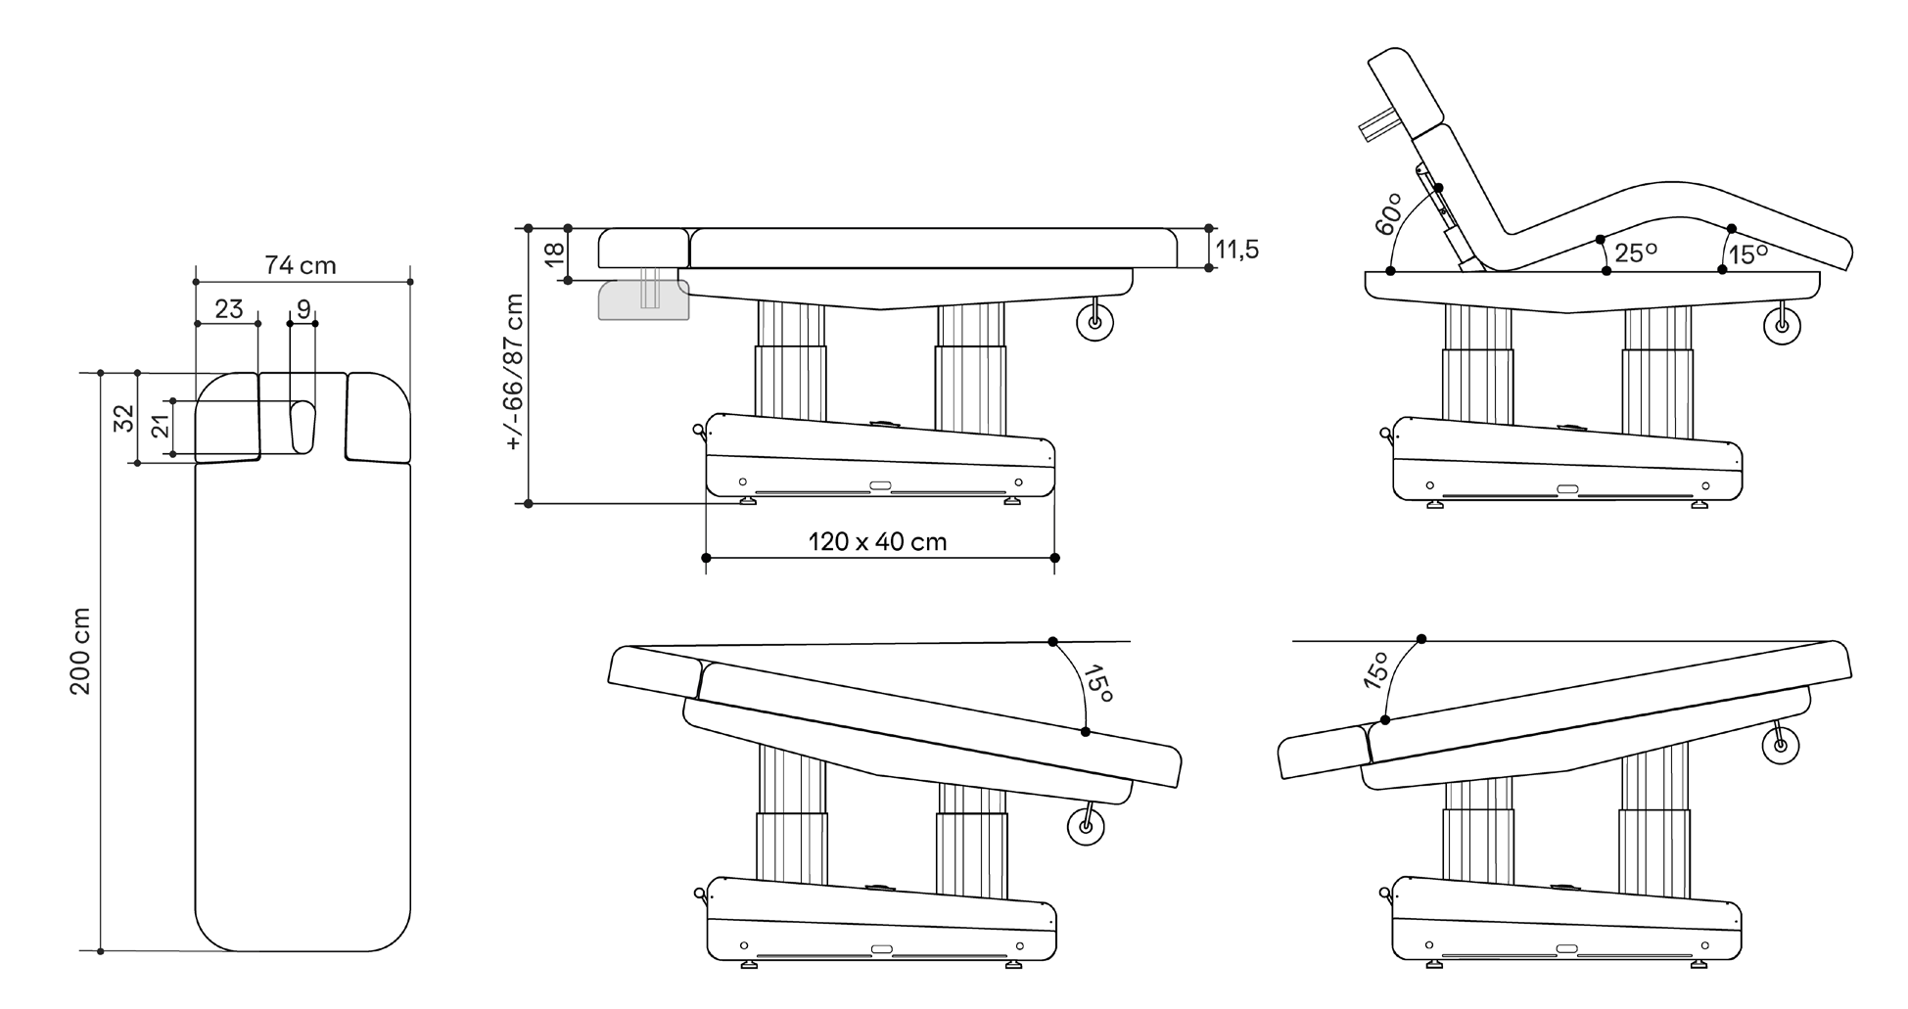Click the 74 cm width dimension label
[300, 265]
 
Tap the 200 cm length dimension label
[80, 651]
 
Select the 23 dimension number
[228, 309]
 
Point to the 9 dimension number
[303, 309]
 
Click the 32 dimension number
[124, 418]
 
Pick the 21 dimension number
[161, 426]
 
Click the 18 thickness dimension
[554, 252]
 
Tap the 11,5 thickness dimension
[1236, 250]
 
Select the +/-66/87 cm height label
[515, 372]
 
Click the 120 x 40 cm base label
[877, 541]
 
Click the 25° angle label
[1636, 253]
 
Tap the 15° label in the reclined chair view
[1747, 254]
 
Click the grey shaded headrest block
[643, 300]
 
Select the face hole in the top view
[302, 427]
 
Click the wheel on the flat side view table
[1094, 322]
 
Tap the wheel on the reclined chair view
[1782, 328]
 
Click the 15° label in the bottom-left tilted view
[1098, 683]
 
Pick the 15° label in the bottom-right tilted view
[1375, 671]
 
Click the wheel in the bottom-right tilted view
[1780, 746]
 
